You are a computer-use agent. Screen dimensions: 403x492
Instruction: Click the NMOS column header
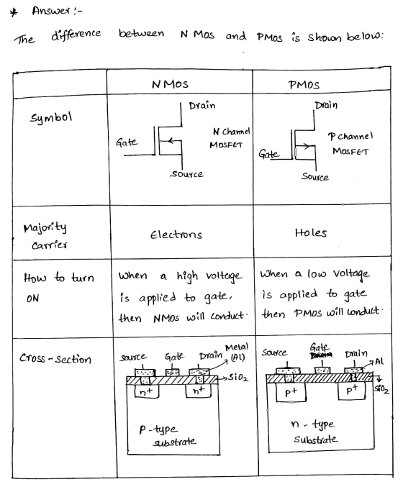[170, 84]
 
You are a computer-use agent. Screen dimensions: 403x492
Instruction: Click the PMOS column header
[304, 85]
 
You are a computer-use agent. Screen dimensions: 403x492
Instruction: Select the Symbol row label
[51, 118]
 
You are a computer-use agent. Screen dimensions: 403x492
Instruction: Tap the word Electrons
[176, 234]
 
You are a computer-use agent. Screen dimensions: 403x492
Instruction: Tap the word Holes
[311, 233]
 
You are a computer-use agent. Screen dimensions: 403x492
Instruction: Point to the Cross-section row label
[55, 358]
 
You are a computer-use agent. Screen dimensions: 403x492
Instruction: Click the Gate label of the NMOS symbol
[127, 142]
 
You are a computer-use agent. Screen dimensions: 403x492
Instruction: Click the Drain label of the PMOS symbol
[327, 105]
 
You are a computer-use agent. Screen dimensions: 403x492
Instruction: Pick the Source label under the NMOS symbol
[187, 174]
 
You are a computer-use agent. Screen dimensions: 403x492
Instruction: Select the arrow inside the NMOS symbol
[173, 141]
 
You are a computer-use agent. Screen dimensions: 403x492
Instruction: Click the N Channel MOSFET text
[230, 138]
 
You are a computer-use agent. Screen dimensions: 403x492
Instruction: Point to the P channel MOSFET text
[350, 144]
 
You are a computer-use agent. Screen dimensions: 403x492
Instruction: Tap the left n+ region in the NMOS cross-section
[147, 391]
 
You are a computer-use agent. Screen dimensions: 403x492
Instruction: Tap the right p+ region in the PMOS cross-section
[351, 391]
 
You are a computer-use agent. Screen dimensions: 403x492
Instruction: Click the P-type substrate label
[168, 435]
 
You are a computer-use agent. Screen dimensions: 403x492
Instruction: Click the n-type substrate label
[314, 432]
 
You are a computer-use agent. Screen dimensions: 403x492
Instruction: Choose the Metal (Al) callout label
[237, 352]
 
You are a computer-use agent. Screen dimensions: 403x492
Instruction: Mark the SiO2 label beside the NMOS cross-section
[238, 378]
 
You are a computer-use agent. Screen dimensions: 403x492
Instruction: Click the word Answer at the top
[51, 11]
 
